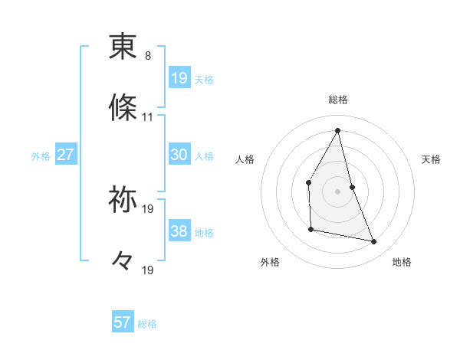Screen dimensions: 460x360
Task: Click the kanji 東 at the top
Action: tap(123, 47)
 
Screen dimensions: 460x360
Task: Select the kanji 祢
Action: tap(123, 200)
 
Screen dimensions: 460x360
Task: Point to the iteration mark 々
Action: tap(123, 262)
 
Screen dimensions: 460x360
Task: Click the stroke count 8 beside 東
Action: tap(148, 56)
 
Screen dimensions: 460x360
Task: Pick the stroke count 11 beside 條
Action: tap(148, 117)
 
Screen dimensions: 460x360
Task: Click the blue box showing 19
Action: tap(179, 78)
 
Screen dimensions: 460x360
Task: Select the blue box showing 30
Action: tap(179, 155)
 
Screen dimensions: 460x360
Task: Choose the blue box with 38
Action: tap(179, 231)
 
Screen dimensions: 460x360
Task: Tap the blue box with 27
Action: tap(65, 155)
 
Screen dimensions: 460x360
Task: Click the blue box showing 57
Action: tap(123, 322)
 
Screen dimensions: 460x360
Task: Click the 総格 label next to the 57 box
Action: tap(147, 324)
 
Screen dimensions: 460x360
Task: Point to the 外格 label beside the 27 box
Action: tap(41, 156)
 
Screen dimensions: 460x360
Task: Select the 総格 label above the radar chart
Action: tap(338, 100)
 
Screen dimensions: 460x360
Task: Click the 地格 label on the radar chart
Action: tap(402, 262)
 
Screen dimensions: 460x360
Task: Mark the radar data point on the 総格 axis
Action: tap(338, 130)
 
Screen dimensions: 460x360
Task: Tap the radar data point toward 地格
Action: tap(374, 241)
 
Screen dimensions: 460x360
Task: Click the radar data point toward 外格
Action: tap(310, 229)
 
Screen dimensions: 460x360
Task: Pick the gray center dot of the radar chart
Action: tap(338, 191)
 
